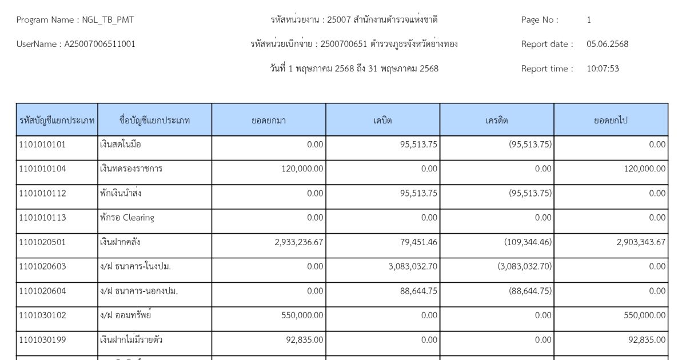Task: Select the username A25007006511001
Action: pyautogui.click(x=99, y=44)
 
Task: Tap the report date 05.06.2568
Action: pyautogui.click(x=607, y=44)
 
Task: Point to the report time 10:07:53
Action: pyautogui.click(x=603, y=69)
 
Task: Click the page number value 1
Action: pyautogui.click(x=589, y=20)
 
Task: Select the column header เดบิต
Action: pyautogui.click(x=382, y=121)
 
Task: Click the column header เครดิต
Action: pyautogui.click(x=497, y=121)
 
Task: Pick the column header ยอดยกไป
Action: pyautogui.click(x=611, y=121)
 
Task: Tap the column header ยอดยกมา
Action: pyautogui.click(x=269, y=121)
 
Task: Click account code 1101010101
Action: pyautogui.click(x=42, y=145)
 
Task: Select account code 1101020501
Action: pyautogui.click(x=42, y=242)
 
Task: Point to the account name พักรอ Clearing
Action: pyautogui.click(x=126, y=218)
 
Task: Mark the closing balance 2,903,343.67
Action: pyautogui.click(x=641, y=242)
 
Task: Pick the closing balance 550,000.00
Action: pyautogui.click(x=645, y=315)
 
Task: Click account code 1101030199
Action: pyautogui.click(x=42, y=340)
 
